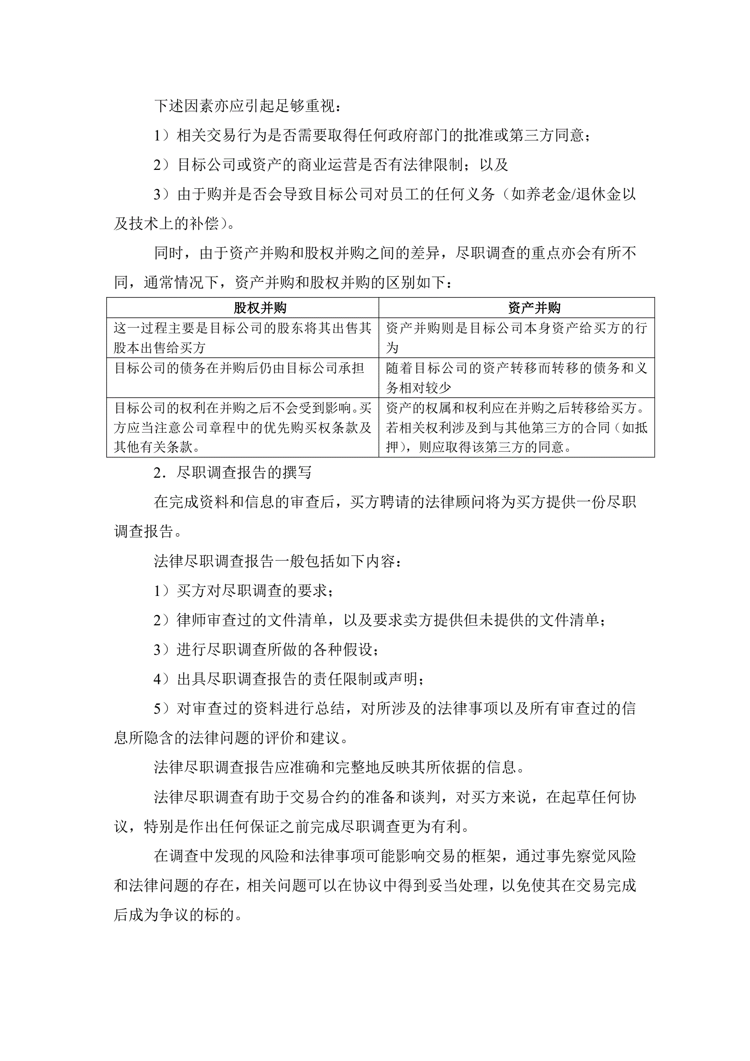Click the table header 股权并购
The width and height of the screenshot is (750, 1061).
coord(260,308)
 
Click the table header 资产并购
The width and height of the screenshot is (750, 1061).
coord(534,308)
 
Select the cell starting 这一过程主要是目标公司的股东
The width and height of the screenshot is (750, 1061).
coord(242,337)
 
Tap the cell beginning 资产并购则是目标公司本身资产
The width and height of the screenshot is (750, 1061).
coord(516,337)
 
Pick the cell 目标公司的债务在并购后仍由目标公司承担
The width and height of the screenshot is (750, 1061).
coord(239,368)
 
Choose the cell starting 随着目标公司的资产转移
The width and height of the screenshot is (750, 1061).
coord(516,378)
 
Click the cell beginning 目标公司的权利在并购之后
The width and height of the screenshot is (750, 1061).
coord(242,427)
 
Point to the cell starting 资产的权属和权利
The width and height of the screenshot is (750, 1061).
coord(516,427)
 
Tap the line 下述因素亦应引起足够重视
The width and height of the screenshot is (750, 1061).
coord(248,106)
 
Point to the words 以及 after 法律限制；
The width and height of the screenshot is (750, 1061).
coord(494,164)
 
